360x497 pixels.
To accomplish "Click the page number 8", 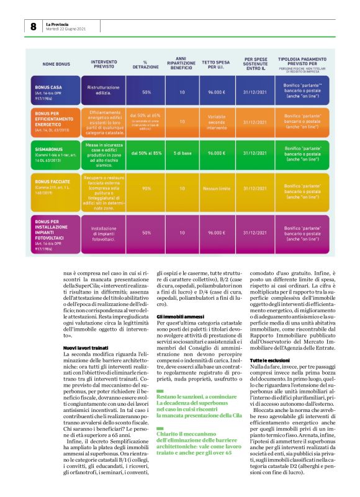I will (33, 26).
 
